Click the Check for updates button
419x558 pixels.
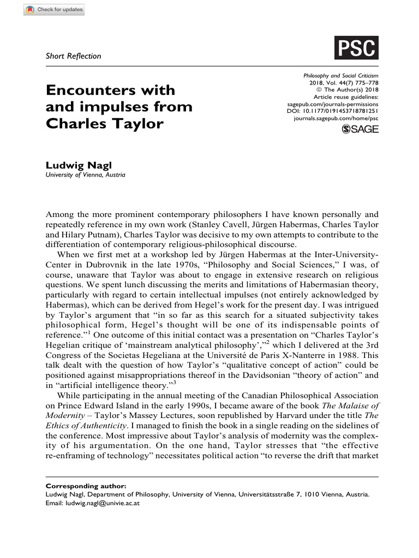pyautogui.click(x=54, y=10)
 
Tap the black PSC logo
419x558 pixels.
pyautogui.click(x=356, y=47)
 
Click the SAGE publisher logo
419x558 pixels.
pyautogui.click(x=360, y=129)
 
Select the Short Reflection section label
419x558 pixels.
pyautogui.click(x=73, y=56)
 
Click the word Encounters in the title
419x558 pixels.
pyautogui.click(x=110, y=90)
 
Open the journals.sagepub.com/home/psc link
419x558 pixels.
pyautogui.click(x=336, y=118)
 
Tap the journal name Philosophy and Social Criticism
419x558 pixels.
pyautogui.click(x=340, y=75)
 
